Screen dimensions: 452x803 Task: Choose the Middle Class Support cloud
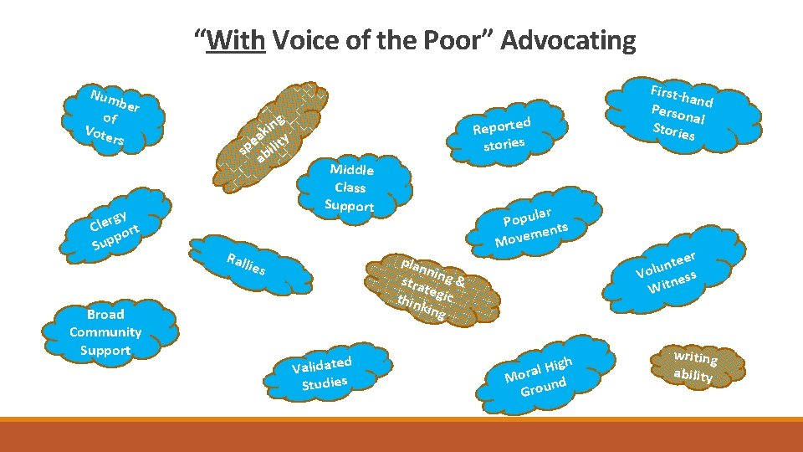click(x=351, y=187)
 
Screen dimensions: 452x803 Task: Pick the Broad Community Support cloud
click(x=106, y=332)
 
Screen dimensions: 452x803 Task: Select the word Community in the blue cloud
click(x=105, y=332)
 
